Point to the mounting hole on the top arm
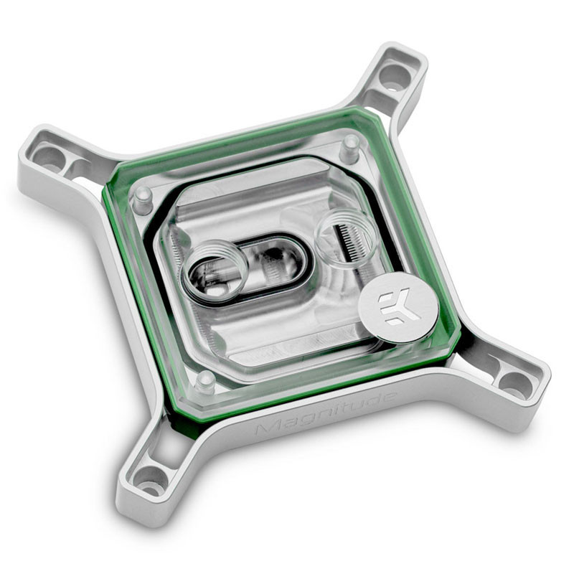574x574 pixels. coord(394,77)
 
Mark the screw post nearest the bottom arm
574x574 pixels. coord(205,380)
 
